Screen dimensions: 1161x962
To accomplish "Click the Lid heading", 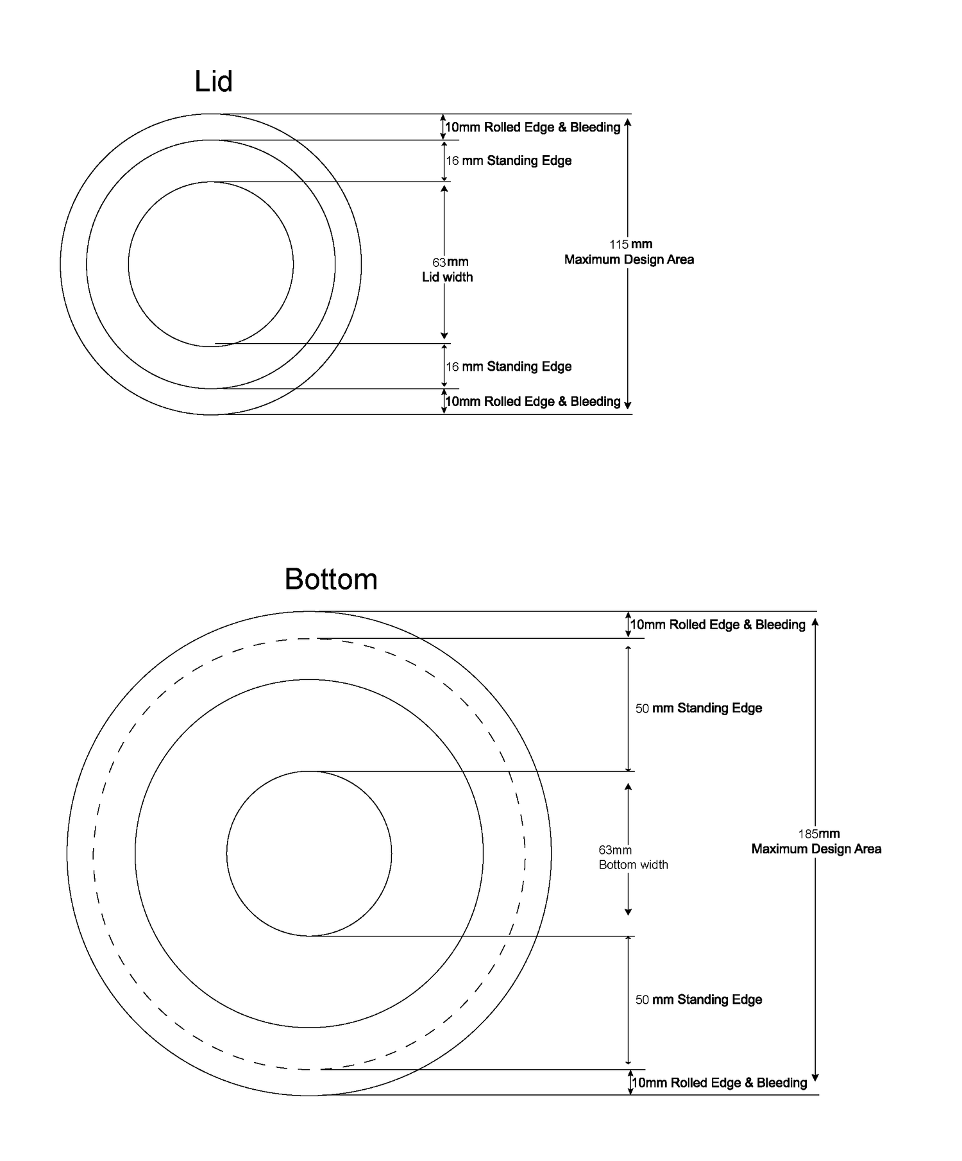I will pyautogui.click(x=213, y=82).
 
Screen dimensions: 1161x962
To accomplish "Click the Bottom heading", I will pyautogui.click(x=331, y=579).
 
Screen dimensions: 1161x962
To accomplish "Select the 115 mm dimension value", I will pyautogui.click(x=630, y=244).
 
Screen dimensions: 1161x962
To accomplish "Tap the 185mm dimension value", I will pyautogui.click(x=818, y=834).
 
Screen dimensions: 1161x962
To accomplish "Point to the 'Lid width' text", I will pyautogui.click(x=447, y=277).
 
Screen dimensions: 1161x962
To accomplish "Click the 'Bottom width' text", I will pyautogui.click(x=633, y=865).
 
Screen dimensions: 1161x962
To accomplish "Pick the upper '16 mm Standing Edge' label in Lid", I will pyautogui.click(x=509, y=160).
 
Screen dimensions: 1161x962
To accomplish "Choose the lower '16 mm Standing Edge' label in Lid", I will pyautogui.click(x=509, y=366).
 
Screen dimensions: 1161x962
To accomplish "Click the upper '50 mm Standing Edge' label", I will pyautogui.click(x=698, y=708).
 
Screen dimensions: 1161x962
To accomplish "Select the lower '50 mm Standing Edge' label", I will pyautogui.click(x=698, y=999).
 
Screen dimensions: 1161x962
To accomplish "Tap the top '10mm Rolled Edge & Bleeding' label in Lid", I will pyautogui.click(x=533, y=127).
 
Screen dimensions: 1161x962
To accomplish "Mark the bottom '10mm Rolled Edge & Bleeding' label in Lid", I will pyautogui.click(x=533, y=402).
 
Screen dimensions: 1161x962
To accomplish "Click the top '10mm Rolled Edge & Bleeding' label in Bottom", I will pyautogui.click(x=718, y=625).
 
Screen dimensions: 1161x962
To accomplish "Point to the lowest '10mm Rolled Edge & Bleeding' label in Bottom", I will pyautogui.click(x=719, y=1083).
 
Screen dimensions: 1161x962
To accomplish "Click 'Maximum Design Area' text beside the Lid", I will pyautogui.click(x=629, y=260).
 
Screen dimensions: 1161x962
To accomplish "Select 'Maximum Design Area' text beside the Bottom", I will pyautogui.click(x=816, y=849).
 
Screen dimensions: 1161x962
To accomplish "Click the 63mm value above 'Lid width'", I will pyautogui.click(x=450, y=262).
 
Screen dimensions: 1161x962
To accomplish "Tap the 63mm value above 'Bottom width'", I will pyautogui.click(x=615, y=850).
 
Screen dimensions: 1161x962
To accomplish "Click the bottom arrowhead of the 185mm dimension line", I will pyautogui.click(x=815, y=1078).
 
